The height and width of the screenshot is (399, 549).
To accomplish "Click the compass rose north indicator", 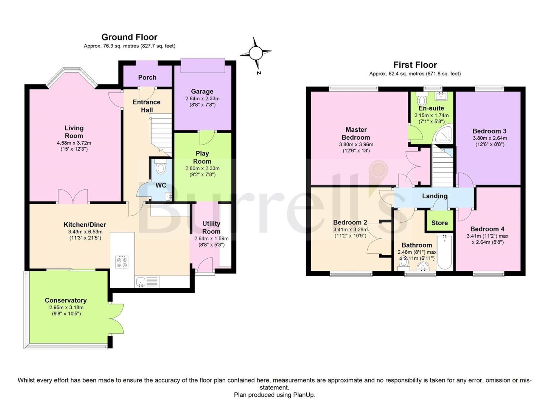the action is pos(256,52).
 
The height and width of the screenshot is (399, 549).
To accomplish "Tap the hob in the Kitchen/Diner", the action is pos(122,262).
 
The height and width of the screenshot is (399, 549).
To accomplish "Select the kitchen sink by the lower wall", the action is pos(141,282).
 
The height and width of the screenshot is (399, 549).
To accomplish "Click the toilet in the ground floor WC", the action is pos(160,167).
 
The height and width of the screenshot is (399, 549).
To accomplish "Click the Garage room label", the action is pos(202,91).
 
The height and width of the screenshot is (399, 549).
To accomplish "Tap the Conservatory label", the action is pos(66,300).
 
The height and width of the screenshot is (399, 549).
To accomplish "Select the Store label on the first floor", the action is pos(439,223).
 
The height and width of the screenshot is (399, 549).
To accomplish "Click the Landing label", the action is pos(435,196).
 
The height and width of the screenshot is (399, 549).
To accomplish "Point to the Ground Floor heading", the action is pos(129,37).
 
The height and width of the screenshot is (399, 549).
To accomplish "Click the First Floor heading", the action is pos(415,65).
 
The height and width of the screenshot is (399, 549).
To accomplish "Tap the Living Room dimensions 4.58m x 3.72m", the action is pos(74,143).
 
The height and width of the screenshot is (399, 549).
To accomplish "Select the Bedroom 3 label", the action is pos(489,131).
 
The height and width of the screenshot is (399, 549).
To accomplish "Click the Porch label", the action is pos(147,78).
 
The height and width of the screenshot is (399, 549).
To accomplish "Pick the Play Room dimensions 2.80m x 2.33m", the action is pos(202,168).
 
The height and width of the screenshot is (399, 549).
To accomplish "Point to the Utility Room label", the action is pos(211,227).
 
